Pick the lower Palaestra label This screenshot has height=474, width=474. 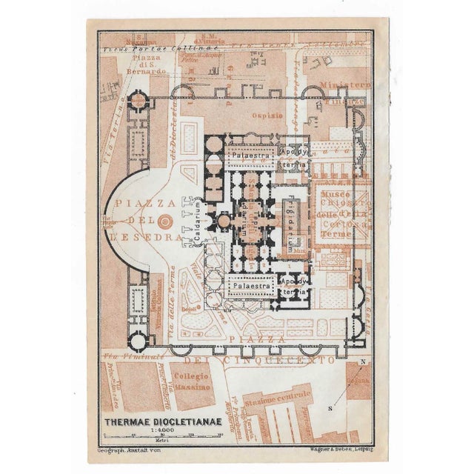click(246, 284)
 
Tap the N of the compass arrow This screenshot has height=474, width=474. click(362, 361)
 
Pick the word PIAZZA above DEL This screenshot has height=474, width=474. click(151, 201)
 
